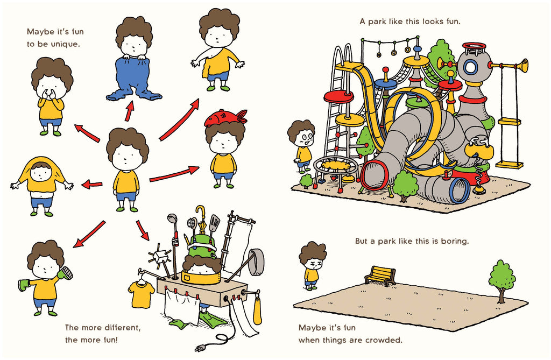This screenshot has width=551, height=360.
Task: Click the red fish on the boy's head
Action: click(x=225, y=118)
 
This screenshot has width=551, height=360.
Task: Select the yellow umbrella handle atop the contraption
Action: click(x=200, y=213)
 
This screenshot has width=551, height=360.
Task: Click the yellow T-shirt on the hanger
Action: click(x=142, y=294)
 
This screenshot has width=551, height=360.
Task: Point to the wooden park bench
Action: click(x=380, y=276)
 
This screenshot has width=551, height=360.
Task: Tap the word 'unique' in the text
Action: click(x=65, y=44)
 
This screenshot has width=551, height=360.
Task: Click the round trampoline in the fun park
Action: click(x=335, y=166)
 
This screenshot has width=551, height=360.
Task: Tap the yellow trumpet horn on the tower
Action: click(x=510, y=66)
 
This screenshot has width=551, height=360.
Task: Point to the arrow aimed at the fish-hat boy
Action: click(x=174, y=174)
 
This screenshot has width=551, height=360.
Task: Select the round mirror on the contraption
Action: click(x=257, y=262)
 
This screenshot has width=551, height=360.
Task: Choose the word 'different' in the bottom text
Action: click(x=123, y=328)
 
